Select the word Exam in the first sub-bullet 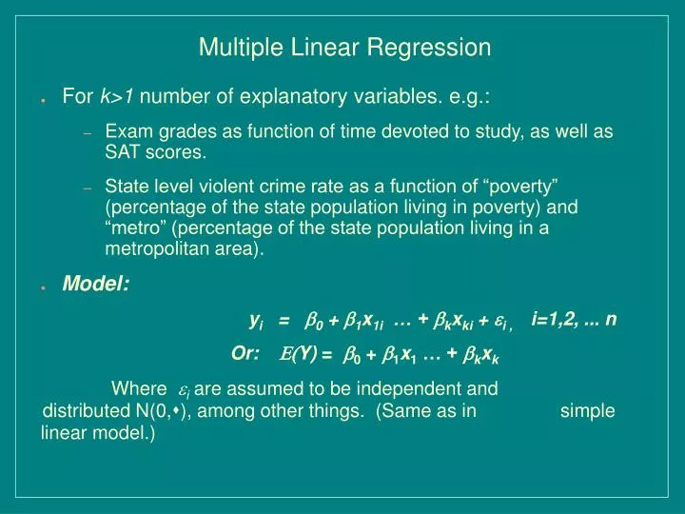[x=126, y=132]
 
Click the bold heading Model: [x=96, y=283]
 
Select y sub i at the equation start [x=256, y=320]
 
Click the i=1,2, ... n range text [x=575, y=319]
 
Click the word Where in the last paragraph [x=138, y=388]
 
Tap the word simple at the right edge [x=587, y=411]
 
